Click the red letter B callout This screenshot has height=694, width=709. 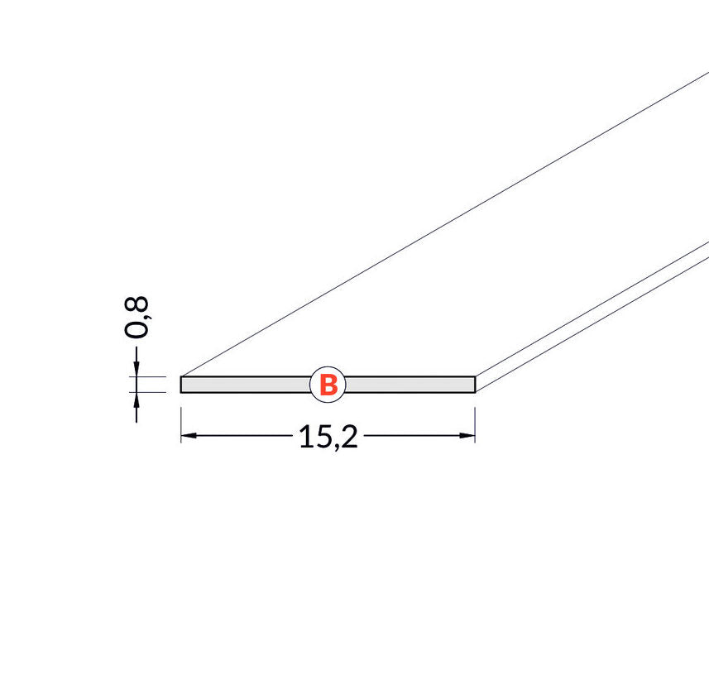coord(328,385)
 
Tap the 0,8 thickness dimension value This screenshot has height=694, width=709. coord(137,317)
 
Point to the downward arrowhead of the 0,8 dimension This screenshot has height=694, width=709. coord(137,369)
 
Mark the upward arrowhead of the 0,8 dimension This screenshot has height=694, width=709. coord(137,400)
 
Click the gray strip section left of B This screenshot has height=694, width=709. coord(245,385)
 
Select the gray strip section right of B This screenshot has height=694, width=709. coord(410,385)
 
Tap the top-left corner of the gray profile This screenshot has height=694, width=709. coord(181,378)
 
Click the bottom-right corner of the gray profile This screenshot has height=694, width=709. coord(475,391)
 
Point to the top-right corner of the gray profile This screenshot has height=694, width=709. coord(475,378)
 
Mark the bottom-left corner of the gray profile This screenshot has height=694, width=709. coord(181,391)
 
